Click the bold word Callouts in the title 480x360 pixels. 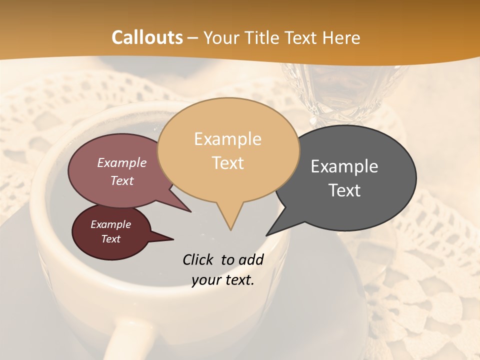coord(147,37)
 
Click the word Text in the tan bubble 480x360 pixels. coord(227,162)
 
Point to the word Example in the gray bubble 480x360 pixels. coord(344,166)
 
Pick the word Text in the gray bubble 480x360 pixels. coord(344,190)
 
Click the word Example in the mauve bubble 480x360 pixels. coord(122,162)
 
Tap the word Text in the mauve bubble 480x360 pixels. coord(122,180)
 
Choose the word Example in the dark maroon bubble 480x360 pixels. coord(110,224)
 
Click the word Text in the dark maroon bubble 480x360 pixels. coord(110,239)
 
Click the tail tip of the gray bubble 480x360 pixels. coord(267,234)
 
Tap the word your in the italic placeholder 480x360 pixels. coord(205,280)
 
